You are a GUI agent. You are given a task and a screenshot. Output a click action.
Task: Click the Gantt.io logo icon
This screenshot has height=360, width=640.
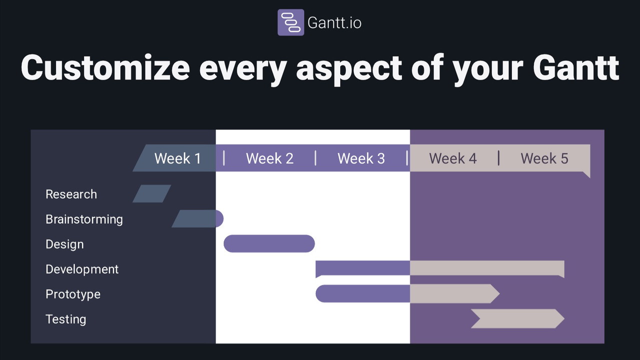coord(291,22)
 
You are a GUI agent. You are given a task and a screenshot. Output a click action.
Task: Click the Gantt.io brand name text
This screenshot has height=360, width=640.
coord(334,23)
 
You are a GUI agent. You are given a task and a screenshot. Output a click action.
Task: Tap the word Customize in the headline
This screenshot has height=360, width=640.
coord(105,67)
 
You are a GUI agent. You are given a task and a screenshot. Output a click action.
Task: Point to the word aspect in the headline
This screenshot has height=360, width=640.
coord(349,70)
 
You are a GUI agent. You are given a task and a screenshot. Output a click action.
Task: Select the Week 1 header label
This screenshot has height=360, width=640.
coord(178,158)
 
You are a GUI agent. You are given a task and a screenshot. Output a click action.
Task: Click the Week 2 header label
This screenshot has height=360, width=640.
coord(269,158)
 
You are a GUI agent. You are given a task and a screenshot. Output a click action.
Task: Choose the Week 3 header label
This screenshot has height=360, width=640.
coord(361,158)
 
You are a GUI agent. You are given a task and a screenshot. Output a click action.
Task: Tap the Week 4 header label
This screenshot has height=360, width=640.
coord(453,158)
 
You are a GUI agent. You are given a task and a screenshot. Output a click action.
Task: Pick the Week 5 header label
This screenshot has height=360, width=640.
coord(544,158)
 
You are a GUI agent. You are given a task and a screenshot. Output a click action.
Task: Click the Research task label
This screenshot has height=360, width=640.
coord(71,194)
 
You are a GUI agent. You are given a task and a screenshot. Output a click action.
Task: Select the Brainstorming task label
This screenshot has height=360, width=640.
coord(84,219)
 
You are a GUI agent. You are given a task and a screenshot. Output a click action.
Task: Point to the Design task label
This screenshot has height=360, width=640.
coord(65,244)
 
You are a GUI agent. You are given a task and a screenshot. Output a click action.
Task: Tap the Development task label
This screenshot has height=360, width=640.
coord(82,269)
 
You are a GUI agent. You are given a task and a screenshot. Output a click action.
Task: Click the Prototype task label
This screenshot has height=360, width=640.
coord(73,294)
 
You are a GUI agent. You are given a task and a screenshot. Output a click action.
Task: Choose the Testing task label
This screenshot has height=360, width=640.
coord(66,319)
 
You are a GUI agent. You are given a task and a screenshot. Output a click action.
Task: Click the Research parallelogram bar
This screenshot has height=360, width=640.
coord(152,193)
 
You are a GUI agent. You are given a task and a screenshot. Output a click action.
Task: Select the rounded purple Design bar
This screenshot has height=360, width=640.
coord(269,243)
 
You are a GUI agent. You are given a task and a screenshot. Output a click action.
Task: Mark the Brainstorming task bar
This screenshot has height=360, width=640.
coord(198,218)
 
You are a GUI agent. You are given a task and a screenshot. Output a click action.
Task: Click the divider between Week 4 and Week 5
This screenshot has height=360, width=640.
coord(498,158)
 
